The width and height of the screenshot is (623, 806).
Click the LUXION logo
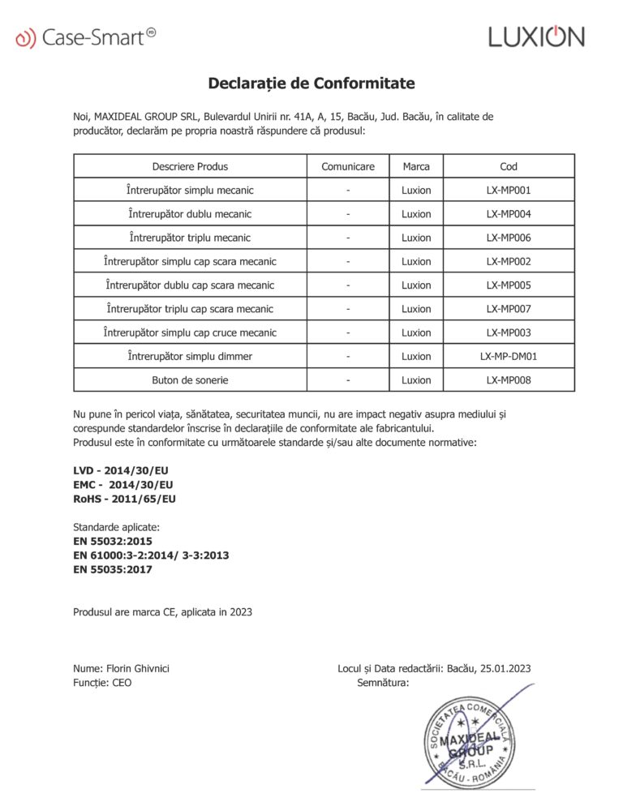[535, 36]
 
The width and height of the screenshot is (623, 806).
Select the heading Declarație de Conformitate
[311, 84]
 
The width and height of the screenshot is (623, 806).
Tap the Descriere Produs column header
[190, 167]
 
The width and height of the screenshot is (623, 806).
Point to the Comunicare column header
[348, 167]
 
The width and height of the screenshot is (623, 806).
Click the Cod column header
[509, 167]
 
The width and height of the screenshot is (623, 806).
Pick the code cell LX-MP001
[509, 191]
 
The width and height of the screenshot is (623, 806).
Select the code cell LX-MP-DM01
[509, 356]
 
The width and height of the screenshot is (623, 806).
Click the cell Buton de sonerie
[190, 379]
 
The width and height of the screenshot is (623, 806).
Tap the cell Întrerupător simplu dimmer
[190, 356]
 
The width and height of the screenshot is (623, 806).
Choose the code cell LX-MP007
[509, 309]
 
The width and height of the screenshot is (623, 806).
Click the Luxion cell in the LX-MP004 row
[416, 214]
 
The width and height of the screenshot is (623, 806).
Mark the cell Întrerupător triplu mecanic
[190, 238]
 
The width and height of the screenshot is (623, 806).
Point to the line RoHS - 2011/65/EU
[124, 499]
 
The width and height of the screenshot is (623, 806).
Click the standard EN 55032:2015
[113, 541]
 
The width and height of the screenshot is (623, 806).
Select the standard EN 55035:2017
[113, 569]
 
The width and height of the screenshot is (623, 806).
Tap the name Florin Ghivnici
[138, 669]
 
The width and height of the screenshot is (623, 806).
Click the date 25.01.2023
[505, 669]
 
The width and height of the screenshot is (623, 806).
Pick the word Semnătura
[383, 683]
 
